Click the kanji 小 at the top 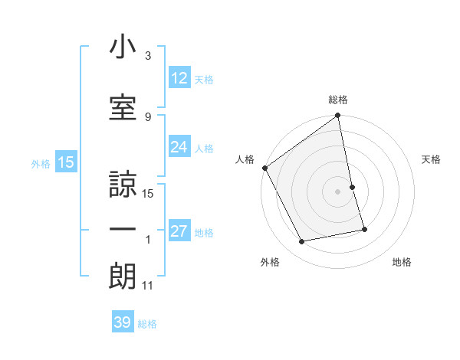(123, 47)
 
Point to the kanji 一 (123, 229)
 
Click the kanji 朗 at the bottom (123, 276)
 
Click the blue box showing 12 (179, 78)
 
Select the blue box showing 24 (179, 148)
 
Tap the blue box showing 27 (179, 232)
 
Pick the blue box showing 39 (123, 322)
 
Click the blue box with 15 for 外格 (65, 162)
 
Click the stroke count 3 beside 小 (148, 56)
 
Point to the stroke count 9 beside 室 (148, 116)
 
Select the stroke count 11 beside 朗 (148, 286)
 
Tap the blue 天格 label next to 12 (204, 79)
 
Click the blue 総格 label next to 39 (148, 324)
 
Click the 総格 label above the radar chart (338, 100)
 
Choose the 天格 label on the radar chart (432, 159)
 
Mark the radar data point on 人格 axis (264, 168)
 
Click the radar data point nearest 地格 (364, 229)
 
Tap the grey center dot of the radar (338, 191)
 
